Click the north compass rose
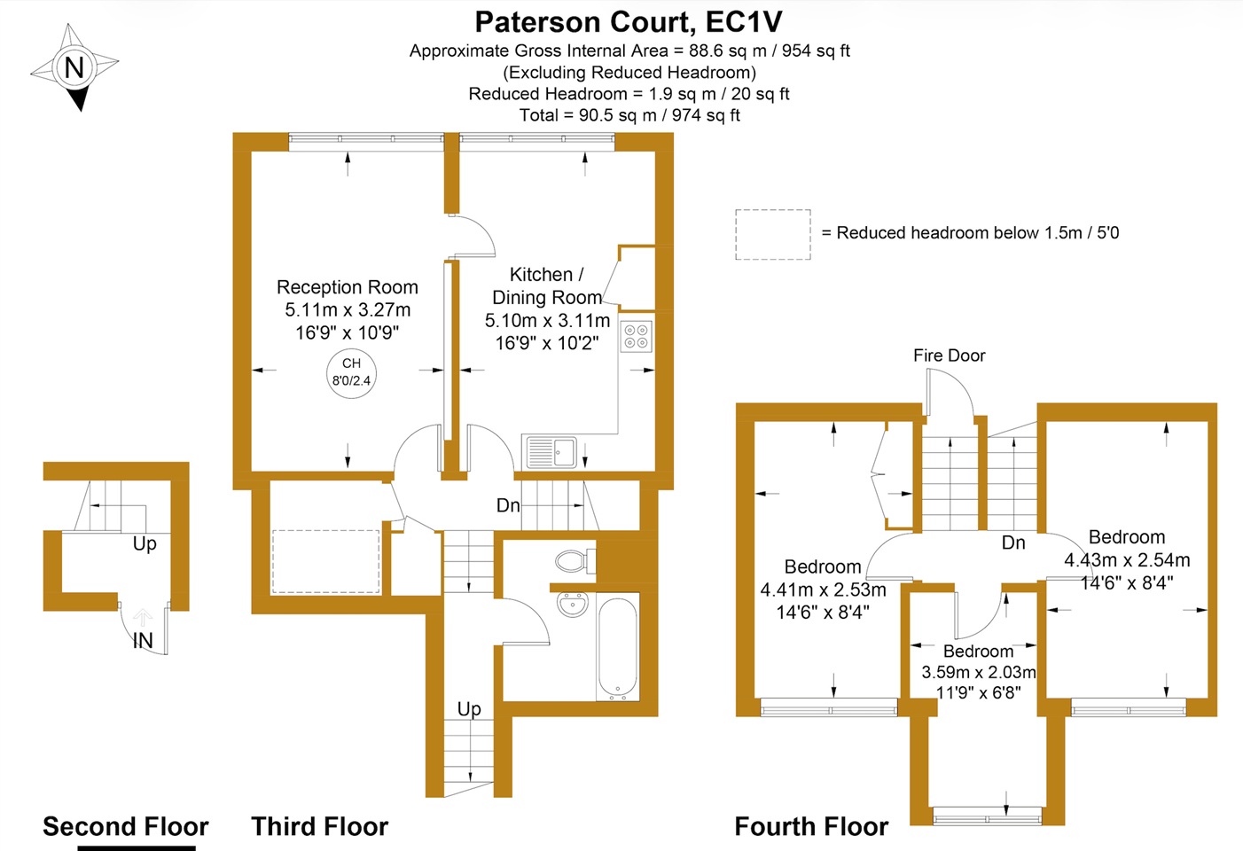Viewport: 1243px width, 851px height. [74, 67]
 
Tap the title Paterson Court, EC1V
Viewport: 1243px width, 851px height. [629, 21]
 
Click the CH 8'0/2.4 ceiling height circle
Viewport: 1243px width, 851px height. [351, 373]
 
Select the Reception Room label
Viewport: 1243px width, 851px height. [347, 287]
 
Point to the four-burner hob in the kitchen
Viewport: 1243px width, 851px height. [636, 336]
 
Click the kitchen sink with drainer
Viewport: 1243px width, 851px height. [551, 452]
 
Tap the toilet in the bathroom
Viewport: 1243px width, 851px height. [575, 560]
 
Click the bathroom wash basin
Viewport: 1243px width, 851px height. [573, 605]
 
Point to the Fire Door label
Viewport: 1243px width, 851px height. [949, 355]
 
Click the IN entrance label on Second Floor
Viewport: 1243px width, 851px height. [143, 640]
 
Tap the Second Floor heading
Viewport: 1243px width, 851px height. [125, 826]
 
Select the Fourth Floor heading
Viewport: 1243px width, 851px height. [810, 826]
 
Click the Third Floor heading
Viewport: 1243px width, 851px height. [319, 826]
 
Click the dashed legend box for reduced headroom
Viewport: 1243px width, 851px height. [772, 235]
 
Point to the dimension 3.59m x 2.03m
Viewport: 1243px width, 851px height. [978, 672]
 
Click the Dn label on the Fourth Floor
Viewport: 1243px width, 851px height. [1012, 543]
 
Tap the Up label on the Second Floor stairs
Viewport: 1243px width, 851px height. [145, 543]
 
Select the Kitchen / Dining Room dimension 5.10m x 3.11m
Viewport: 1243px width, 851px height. [547, 320]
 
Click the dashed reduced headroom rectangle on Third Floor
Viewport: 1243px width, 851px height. [325, 562]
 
